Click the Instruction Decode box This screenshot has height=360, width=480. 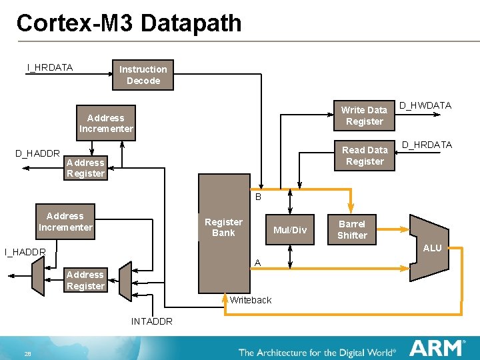click(x=143, y=75)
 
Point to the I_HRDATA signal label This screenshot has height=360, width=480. click(x=49, y=67)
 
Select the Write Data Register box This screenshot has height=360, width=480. click(x=364, y=115)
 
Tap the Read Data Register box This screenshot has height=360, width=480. click(x=365, y=155)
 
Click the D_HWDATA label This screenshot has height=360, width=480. click(x=425, y=105)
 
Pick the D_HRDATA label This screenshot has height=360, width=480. click(x=427, y=145)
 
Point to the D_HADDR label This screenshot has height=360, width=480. click(x=37, y=154)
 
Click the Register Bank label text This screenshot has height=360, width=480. click(x=223, y=227)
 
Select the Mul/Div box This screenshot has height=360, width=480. click(x=291, y=230)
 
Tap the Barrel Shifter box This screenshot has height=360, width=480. click(x=352, y=229)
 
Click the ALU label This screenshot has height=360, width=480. click(x=432, y=248)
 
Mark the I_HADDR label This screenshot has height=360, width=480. click(x=25, y=252)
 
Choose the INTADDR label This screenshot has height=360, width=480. click(x=151, y=321)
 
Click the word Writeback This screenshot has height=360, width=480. click(x=251, y=300)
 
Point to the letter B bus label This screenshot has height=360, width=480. click(x=258, y=197)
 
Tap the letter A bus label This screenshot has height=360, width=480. click(x=257, y=263)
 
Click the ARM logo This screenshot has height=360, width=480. click(x=437, y=347)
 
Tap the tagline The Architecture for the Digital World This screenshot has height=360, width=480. click(x=317, y=351)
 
